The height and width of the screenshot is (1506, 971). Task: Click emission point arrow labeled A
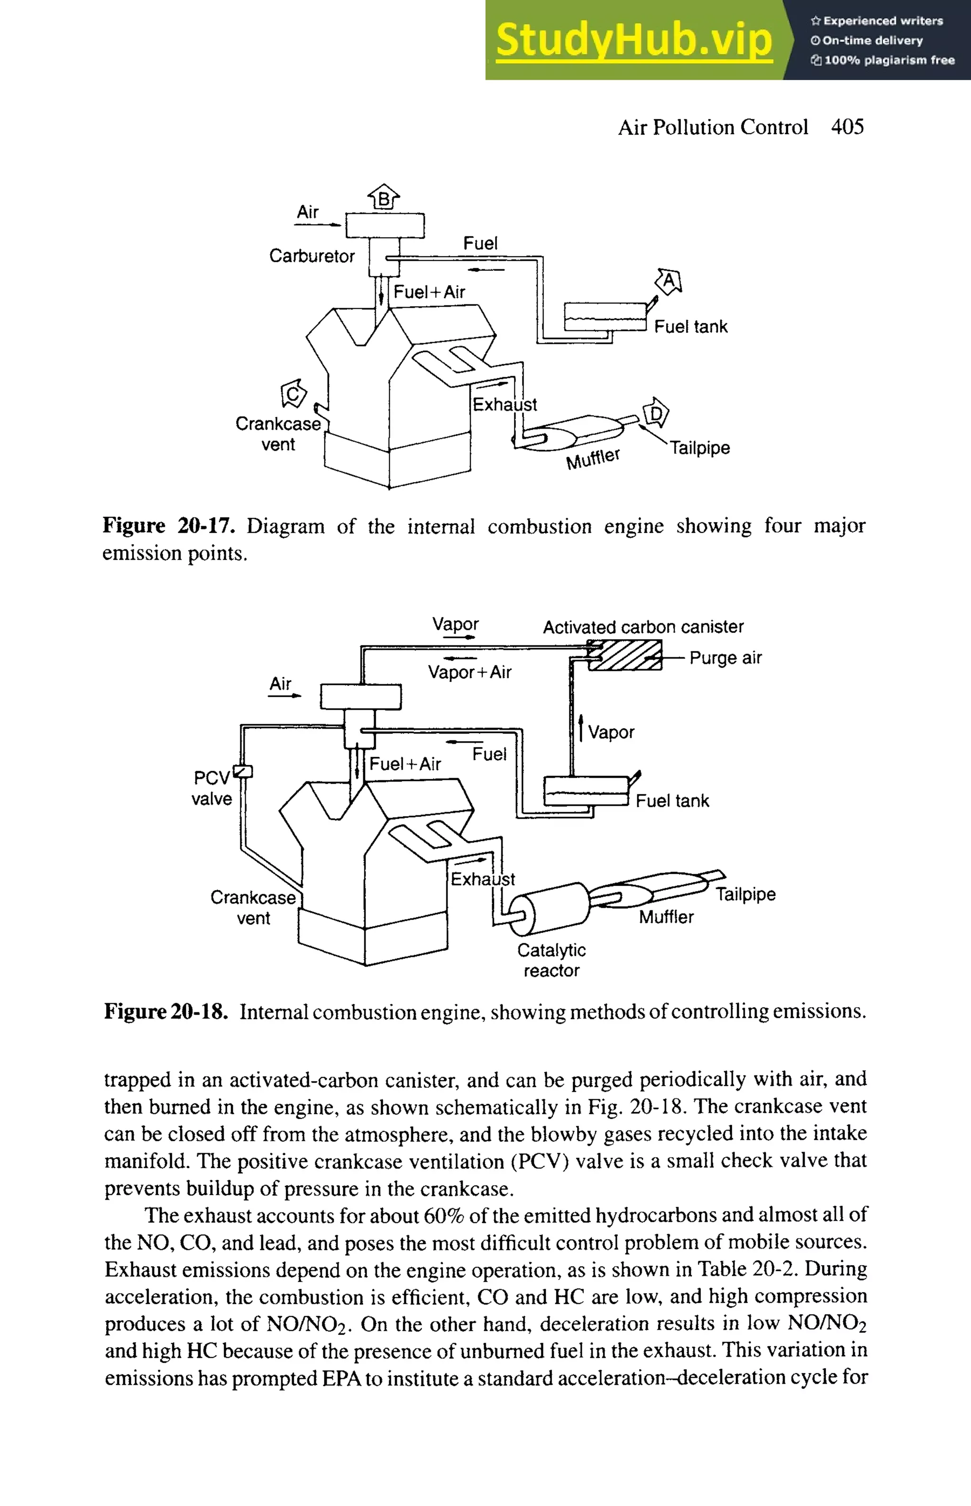[x=669, y=281]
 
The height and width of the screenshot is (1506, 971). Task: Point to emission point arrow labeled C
[x=293, y=394]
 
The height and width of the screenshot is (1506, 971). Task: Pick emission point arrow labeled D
[x=656, y=413]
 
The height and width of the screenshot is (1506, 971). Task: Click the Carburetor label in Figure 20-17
[x=311, y=256]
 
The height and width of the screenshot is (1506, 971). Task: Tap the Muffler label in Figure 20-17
[x=593, y=459]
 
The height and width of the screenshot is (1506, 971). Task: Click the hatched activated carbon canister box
[x=624, y=655]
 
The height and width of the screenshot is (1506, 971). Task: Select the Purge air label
[x=725, y=658]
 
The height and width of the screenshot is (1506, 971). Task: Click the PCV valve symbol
[x=243, y=771]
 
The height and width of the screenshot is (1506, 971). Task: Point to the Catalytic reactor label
[x=551, y=960]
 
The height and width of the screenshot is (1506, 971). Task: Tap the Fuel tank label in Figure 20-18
[x=672, y=801]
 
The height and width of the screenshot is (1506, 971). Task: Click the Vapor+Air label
[x=469, y=672]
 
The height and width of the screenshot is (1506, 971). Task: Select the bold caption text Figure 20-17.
[x=168, y=525]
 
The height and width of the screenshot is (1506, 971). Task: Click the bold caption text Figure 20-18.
[x=165, y=1011]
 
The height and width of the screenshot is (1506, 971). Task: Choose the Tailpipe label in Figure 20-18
[x=745, y=894]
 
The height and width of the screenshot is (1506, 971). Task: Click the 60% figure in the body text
[x=444, y=1215]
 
